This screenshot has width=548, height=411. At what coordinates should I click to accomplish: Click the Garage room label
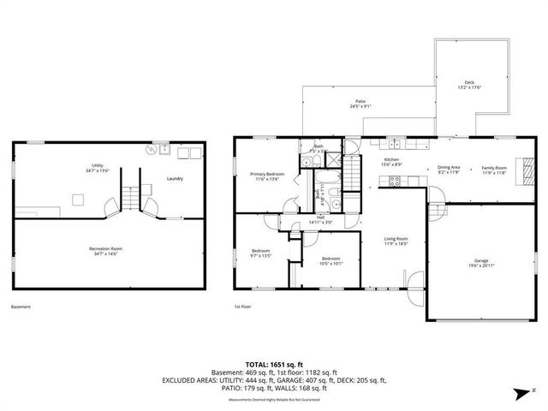[481, 259]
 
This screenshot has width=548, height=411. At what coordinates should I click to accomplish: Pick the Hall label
[320, 217]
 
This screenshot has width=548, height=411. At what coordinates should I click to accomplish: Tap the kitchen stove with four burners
[395, 180]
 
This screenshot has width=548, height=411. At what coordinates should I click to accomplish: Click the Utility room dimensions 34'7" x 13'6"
[97, 171]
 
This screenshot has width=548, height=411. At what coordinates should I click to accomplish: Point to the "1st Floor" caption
[242, 307]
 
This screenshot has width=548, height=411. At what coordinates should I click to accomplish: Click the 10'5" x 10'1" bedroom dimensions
[331, 264]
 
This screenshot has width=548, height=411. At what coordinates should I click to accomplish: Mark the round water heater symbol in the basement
[152, 149]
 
